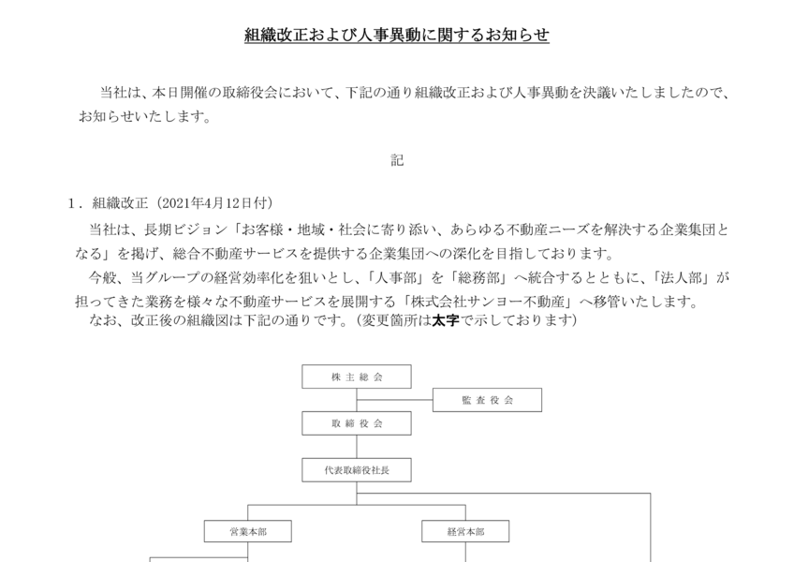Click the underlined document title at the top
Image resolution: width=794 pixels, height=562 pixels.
(397, 35)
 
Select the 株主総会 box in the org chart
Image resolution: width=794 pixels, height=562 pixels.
(357, 377)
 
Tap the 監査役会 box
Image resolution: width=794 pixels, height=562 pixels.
(487, 400)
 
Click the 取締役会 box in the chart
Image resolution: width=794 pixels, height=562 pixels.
(357, 423)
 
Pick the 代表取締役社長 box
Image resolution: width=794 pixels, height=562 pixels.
(357, 470)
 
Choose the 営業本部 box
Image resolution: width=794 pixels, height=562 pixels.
(247, 531)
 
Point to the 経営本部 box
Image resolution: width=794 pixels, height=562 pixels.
(465, 531)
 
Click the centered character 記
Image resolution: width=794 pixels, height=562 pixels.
(397, 160)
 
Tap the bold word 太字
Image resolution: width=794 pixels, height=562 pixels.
(446, 320)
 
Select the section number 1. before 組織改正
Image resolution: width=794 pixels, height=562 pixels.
(76, 203)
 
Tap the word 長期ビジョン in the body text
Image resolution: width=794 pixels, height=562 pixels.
(185, 229)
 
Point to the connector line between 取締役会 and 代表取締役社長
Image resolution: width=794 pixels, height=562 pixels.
(357, 447)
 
